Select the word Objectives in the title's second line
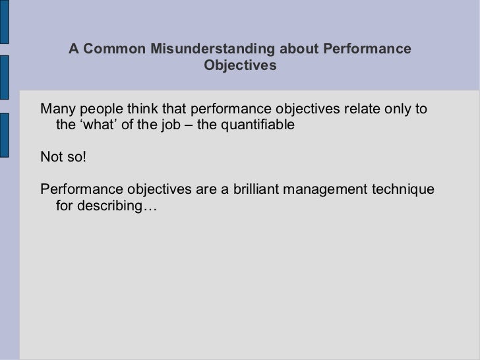point(240,67)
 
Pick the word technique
point(404,190)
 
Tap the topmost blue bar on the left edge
point(3,22)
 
